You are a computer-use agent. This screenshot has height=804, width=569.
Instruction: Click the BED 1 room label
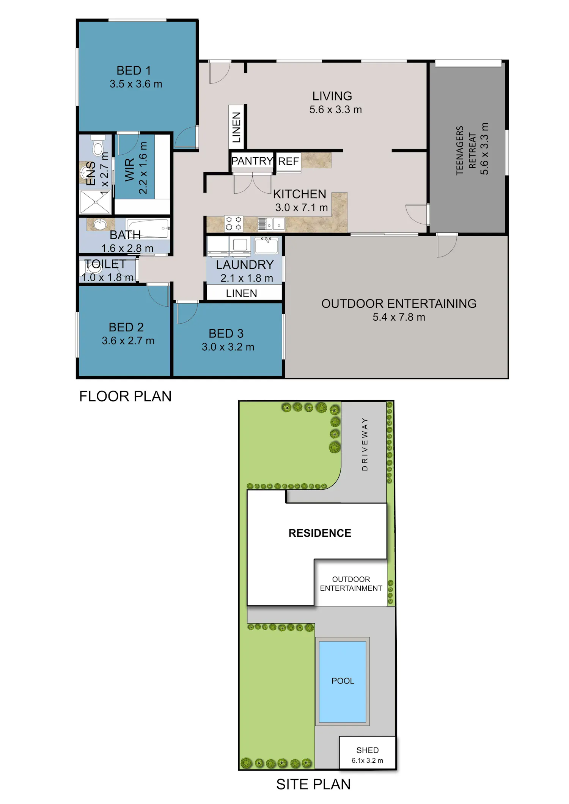click(134, 71)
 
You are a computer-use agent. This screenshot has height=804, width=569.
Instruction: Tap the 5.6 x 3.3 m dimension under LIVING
click(335, 110)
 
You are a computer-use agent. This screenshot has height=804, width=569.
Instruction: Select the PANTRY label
click(252, 161)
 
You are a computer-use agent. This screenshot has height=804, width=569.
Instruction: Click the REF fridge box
click(288, 161)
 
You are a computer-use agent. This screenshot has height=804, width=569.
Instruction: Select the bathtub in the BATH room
click(148, 228)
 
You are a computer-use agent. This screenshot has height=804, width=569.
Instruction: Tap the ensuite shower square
click(95, 202)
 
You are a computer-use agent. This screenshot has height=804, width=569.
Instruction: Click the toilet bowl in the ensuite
click(98, 145)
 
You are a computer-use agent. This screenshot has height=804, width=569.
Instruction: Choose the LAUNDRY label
click(245, 265)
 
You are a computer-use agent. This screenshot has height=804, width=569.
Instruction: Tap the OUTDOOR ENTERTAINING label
click(399, 304)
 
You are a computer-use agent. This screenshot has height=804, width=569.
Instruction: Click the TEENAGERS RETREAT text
click(466, 150)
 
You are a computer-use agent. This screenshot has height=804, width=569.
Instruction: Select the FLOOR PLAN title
click(125, 396)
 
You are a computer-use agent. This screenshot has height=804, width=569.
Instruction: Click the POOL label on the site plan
click(343, 681)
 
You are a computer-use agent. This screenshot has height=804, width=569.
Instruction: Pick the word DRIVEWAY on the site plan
click(365, 444)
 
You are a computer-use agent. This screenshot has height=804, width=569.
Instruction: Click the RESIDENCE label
click(320, 533)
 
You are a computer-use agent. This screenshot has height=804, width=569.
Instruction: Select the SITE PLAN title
click(313, 784)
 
